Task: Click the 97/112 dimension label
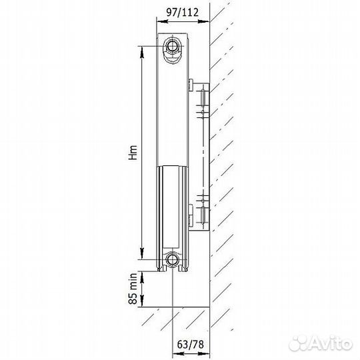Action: tap(182, 13)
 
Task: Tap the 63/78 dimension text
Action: tap(190, 345)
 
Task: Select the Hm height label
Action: tap(133, 153)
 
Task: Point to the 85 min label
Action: tap(133, 289)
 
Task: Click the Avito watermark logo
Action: tap(321, 344)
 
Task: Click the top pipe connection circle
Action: tap(172, 46)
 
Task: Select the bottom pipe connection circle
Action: tap(172, 260)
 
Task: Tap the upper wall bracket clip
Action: tap(191, 85)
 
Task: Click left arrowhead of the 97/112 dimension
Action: tap(161, 21)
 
